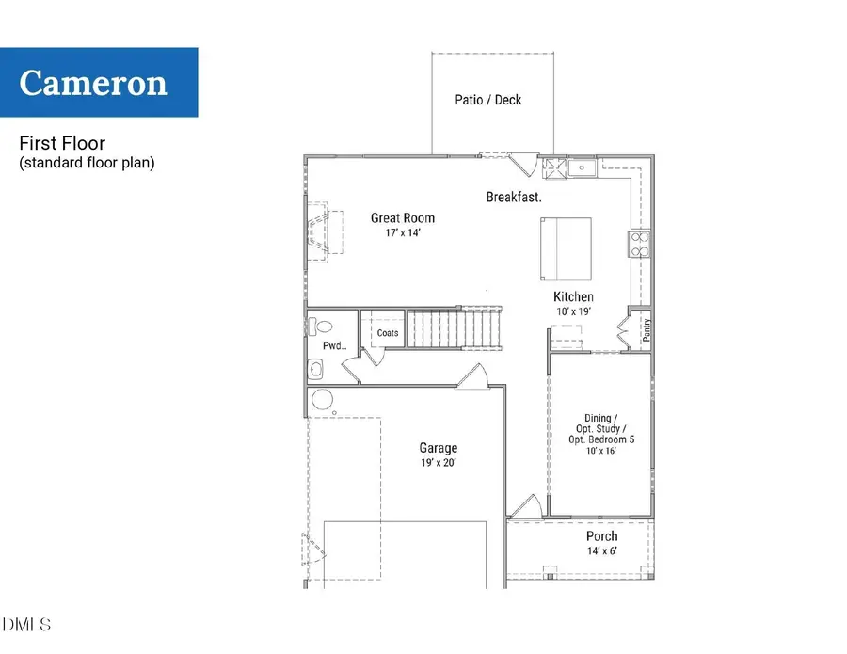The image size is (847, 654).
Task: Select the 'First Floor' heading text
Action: (62, 144)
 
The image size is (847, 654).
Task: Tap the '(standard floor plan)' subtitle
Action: (87, 163)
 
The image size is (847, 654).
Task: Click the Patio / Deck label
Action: (487, 100)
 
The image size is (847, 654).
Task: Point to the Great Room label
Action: (403, 218)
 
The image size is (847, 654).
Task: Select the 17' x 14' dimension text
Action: (403, 232)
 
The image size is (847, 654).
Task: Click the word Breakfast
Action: (514, 198)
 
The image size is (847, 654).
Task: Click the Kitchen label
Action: (573, 297)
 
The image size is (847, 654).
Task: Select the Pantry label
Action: (647, 330)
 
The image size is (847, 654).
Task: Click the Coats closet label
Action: (388, 333)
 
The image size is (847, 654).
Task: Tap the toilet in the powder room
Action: (320, 328)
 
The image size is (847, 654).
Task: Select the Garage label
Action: (439, 449)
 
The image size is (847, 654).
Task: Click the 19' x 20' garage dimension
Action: (439, 464)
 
